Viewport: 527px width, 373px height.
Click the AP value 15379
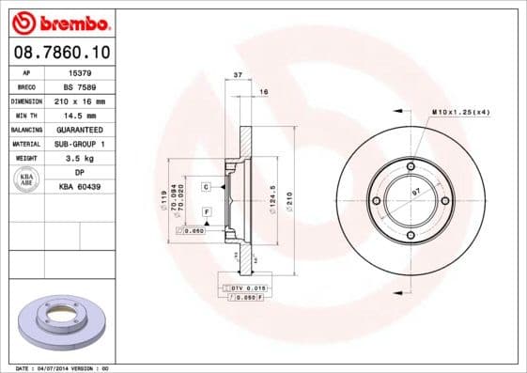click(x=80, y=71)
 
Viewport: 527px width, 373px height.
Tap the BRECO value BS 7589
click(x=80, y=85)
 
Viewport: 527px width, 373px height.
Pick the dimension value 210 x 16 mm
click(x=80, y=100)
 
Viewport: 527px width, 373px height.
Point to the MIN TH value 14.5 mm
click(x=80, y=114)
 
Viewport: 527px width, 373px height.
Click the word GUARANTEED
click(x=80, y=129)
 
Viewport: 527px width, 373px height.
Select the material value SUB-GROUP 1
click(x=80, y=144)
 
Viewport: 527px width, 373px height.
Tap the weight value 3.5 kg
click(x=80, y=159)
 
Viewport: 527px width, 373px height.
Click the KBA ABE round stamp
click(x=26, y=179)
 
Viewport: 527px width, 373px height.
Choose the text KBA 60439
click(x=80, y=187)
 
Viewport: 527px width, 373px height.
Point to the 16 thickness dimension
click(x=263, y=91)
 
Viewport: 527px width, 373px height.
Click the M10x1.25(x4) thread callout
click(x=461, y=113)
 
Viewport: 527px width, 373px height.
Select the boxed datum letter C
click(x=205, y=187)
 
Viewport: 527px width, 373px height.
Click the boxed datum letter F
click(x=205, y=212)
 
